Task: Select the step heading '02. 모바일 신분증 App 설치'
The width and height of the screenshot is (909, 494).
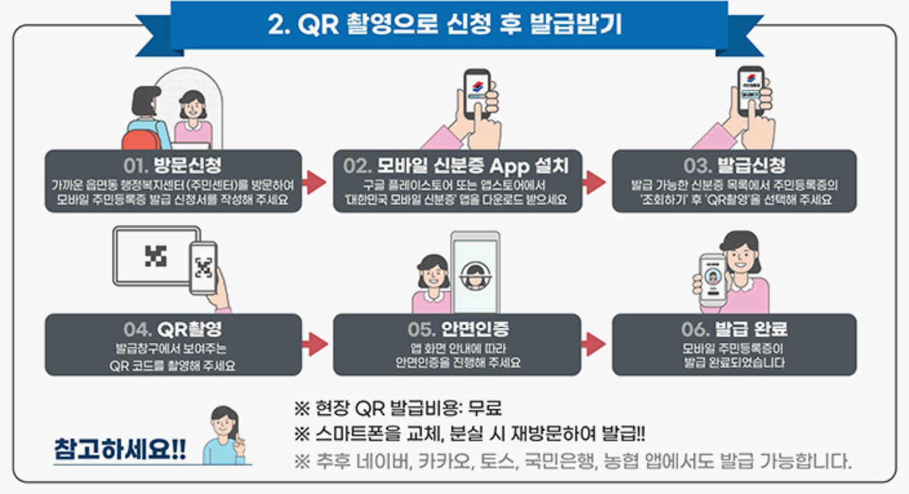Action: pyautogui.click(x=457, y=164)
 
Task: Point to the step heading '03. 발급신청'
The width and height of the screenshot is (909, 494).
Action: pyautogui.click(x=734, y=164)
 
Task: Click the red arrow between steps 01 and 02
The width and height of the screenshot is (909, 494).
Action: pyautogui.click(x=315, y=182)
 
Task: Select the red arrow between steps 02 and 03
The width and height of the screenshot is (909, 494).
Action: pyautogui.click(x=593, y=182)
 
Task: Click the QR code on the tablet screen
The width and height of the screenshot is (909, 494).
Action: pyautogui.click(x=156, y=256)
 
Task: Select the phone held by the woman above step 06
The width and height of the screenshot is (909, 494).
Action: pyautogui.click(x=713, y=280)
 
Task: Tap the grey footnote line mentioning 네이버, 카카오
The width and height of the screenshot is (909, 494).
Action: pyautogui.click(x=571, y=462)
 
